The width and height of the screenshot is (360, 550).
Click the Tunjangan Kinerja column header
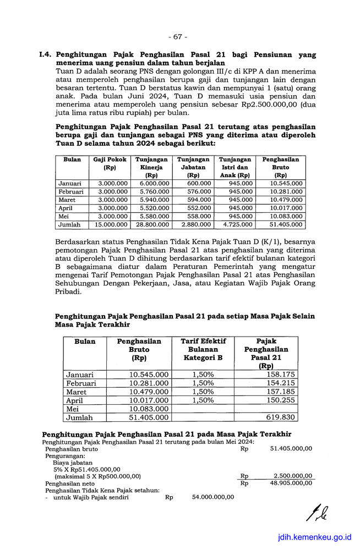[x=151, y=167]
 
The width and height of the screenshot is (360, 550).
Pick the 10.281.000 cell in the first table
[x=286, y=191]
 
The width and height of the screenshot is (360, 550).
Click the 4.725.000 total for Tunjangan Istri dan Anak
[x=238, y=224]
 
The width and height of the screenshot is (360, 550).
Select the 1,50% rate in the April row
[x=203, y=400]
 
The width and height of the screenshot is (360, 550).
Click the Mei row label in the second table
[x=73, y=409]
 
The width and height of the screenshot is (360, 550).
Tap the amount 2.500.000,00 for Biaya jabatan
[x=293, y=476]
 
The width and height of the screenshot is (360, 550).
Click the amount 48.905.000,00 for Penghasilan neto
[x=291, y=483]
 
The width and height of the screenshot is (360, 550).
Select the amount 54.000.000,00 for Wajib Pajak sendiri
[x=213, y=497]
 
